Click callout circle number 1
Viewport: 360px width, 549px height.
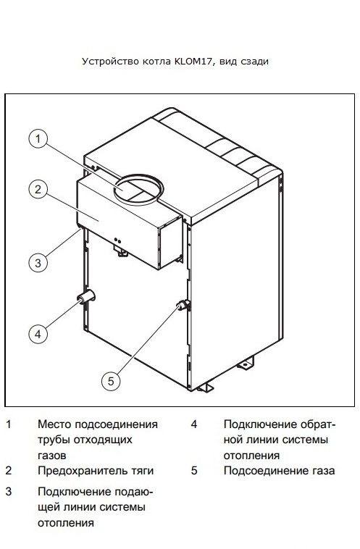38,138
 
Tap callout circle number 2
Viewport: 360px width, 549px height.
38,189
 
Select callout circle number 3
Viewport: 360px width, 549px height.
38,262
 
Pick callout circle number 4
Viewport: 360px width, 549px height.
38,334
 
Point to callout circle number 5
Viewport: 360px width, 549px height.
111,380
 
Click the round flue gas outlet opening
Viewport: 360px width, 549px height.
138,190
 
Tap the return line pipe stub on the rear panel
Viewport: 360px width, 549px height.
86,297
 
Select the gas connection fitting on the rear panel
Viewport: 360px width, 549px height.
183,306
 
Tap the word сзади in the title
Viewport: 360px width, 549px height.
254,62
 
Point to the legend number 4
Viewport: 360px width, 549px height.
194,424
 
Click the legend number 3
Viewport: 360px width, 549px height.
9,492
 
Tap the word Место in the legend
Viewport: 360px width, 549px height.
54,424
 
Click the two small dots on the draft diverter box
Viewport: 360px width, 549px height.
117,240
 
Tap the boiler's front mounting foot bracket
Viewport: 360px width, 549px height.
205,387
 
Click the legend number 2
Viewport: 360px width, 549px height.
9,471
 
